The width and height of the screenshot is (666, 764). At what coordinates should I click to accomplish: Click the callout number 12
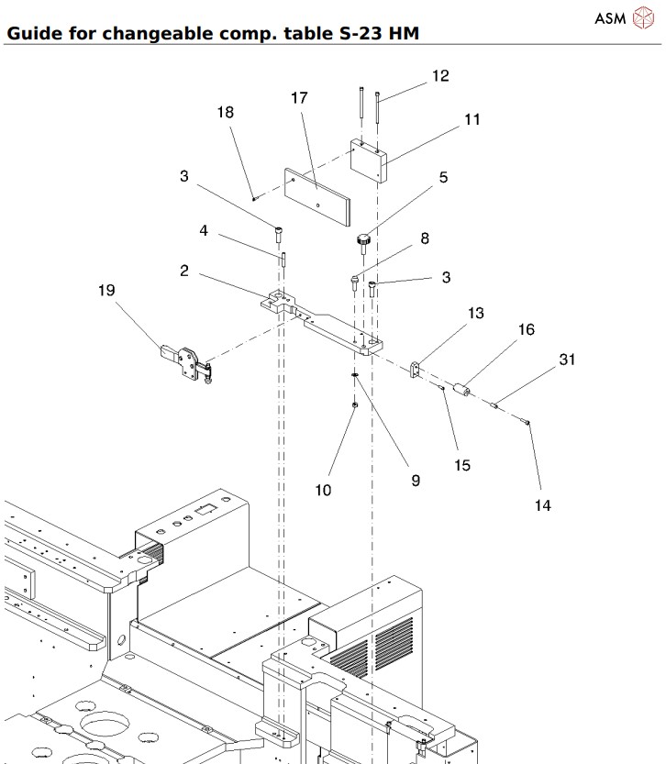tap(440, 76)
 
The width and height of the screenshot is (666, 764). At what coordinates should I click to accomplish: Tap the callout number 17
tap(298, 98)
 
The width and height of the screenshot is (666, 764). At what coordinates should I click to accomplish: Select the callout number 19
tap(106, 291)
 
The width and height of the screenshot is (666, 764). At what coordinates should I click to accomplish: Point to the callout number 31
tap(567, 360)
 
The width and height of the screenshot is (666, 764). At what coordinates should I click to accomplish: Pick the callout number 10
tap(323, 490)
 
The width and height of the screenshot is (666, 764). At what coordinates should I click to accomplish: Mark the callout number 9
tap(416, 480)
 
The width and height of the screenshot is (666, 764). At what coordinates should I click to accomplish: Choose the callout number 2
tap(184, 271)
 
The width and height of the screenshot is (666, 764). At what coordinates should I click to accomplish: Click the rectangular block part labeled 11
tap(370, 161)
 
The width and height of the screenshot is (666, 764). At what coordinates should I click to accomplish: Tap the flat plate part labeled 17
tap(316, 195)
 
